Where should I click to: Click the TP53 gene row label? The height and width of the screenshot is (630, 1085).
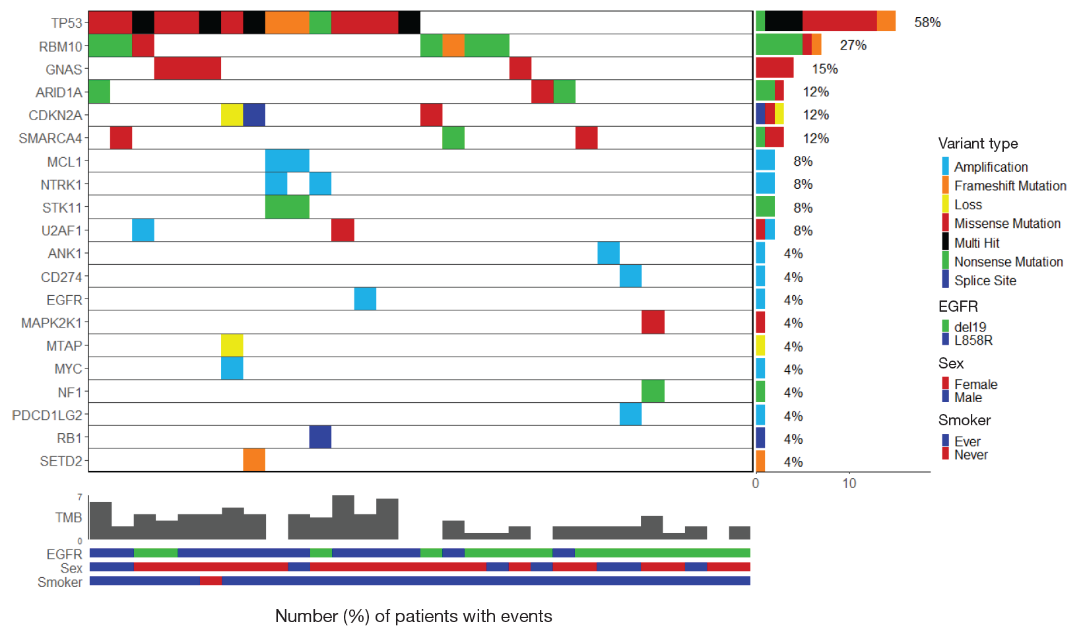coord(67,23)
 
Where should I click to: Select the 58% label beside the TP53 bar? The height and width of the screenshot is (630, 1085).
coord(927,22)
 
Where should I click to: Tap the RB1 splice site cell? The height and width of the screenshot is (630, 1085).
coord(320,437)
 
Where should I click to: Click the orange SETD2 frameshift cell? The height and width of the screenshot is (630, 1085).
coord(254,460)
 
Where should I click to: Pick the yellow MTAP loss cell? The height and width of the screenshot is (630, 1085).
coord(232,345)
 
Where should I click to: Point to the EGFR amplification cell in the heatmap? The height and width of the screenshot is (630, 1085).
coord(365,299)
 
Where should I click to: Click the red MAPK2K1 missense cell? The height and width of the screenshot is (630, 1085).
coord(653,322)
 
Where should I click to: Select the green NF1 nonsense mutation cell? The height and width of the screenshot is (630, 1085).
coord(653,392)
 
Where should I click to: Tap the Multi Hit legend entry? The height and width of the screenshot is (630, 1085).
coord(976,242)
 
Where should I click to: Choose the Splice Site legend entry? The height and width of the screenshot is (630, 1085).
coord(985,281)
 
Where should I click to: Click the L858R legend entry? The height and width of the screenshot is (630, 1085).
coord(973,340)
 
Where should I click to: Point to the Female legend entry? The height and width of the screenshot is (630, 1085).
coord(975,384)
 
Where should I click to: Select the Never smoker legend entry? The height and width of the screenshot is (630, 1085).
coord(970,454)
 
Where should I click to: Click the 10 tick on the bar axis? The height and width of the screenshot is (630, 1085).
coord(849,483)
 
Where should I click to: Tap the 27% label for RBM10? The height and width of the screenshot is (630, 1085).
coord(853,46)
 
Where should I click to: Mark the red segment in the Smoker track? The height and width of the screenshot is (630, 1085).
coord(211,581)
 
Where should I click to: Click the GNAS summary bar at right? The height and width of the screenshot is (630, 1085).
coord(774,68)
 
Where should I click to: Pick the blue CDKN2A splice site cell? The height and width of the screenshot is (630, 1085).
coord(254,115)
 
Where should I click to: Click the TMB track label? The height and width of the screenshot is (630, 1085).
coord(69,518)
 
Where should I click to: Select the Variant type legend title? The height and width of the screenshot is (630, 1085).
coord(977,144)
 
